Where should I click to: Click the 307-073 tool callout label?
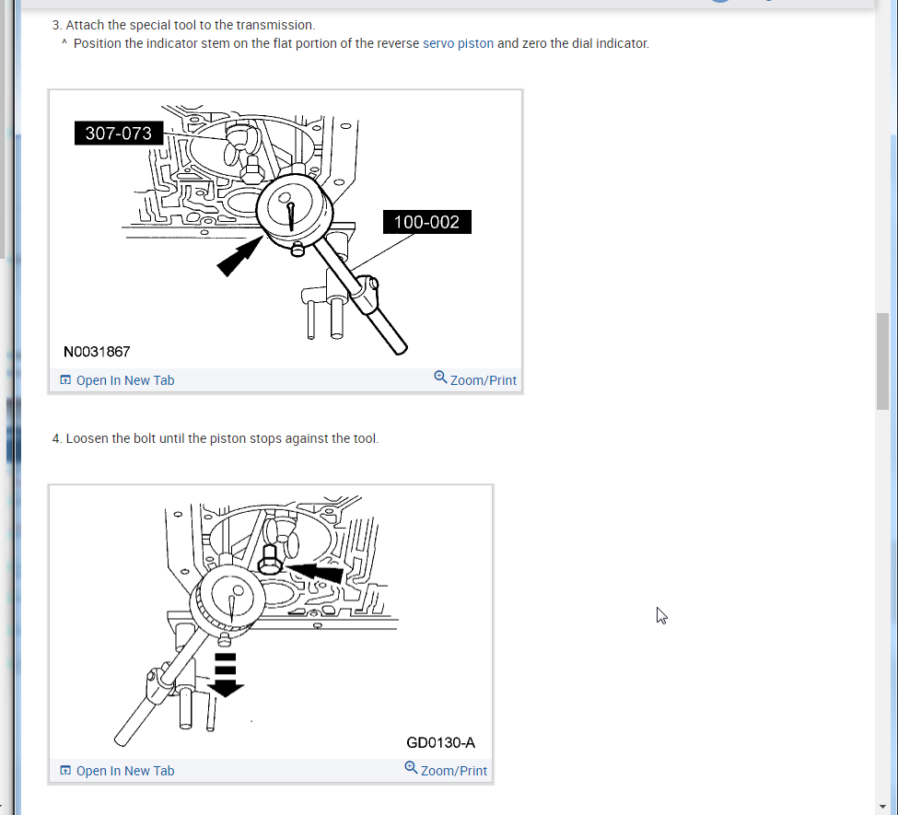tap(119, 133)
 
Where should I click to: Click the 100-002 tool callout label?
tap(426, 222)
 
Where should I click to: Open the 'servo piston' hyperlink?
tap(458, 43)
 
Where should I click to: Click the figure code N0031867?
tap(97, 352)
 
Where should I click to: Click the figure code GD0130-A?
tap(440, 743)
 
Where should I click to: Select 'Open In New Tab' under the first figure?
tap(117, 380)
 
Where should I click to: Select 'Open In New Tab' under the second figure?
tap(117, 771)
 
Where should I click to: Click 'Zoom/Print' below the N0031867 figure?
tap(475, 379)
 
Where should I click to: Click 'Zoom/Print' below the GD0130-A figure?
tap(446, 770)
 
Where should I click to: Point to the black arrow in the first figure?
tap(239, 256)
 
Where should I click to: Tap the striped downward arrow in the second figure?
tap(226, 675)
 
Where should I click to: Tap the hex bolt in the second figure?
tap(269, 560)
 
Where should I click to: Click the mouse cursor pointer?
tap(661, 615)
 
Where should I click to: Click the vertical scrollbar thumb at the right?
tap(882, 361)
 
